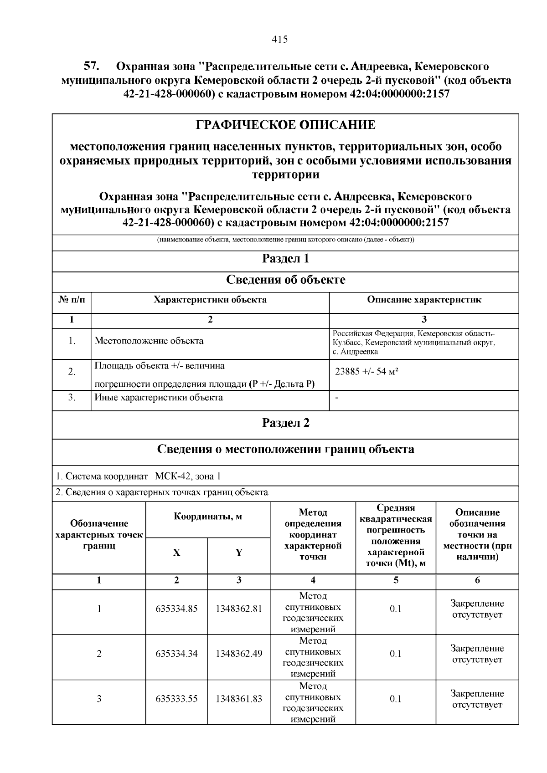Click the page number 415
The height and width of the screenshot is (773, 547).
[x=279, y=40]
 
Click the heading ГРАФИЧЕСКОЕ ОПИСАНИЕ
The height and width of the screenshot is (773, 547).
[x=285, y=125]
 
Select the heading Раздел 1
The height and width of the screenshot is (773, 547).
[x=285, y=259]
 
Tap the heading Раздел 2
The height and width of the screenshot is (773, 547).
[x=285, y=423]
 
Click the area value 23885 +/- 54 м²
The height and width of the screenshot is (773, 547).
[x=367, y=372]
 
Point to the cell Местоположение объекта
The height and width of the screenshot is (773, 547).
[x=149, y=341]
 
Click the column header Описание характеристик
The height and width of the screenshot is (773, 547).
[x=424, y=300]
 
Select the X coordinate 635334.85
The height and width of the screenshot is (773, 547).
[x=176, y=609]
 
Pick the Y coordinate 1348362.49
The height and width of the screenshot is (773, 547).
[x=239, y=654]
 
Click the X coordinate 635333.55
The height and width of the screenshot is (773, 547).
[x=176, y=699]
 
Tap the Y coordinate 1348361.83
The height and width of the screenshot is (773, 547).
[x=239, y=699]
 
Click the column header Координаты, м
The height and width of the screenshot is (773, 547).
[x=208, y=517]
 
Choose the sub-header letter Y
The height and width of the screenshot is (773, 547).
[x=239, y=553]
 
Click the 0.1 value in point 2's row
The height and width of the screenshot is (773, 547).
[x=396, y=654]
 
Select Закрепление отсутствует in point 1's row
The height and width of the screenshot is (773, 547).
[x=477, y=609]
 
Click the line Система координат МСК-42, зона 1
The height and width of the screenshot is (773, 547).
[x=139, y=477]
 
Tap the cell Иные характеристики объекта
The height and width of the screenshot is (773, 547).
[x=159, y=398]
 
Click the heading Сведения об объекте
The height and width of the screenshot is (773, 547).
[x=285, y=280]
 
